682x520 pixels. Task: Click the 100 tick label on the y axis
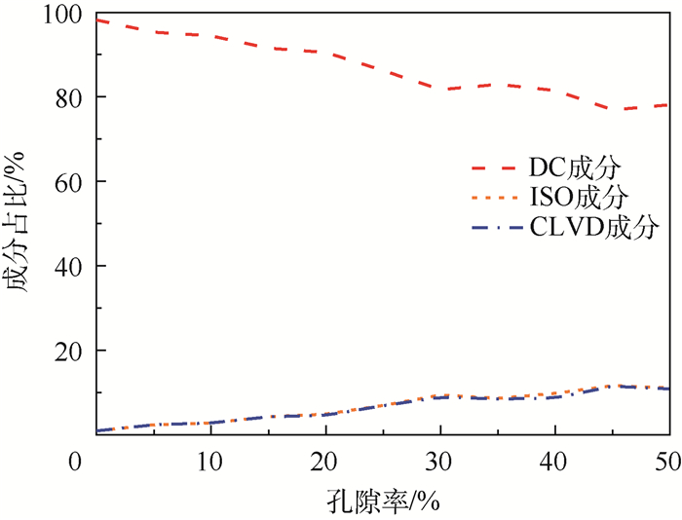click(65, 16)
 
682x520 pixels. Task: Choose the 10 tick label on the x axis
click(210, 459)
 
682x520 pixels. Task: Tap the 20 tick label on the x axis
click(325, 459)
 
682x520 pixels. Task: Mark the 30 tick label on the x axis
click(440, 459)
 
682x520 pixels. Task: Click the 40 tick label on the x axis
click(554, 459)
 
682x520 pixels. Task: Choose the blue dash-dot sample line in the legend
click(497, 231)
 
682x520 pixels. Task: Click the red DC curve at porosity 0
click(97, 19)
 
